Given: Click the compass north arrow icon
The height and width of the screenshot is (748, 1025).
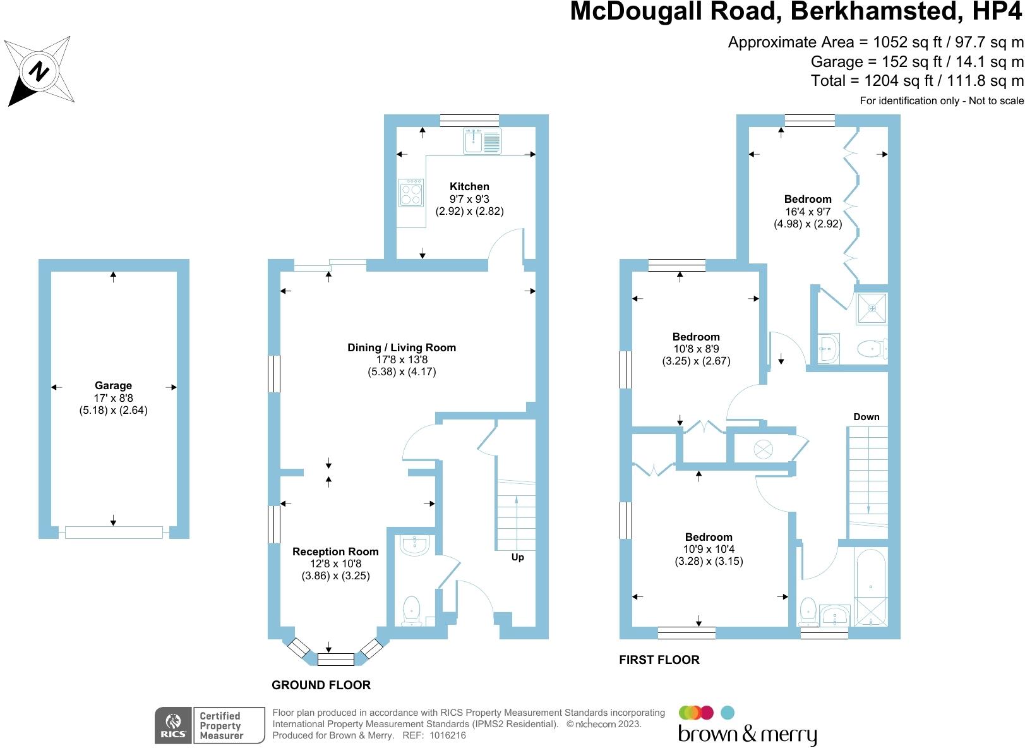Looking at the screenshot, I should tap(39, 70).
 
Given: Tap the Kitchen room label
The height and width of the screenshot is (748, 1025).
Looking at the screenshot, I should tap(469, 186).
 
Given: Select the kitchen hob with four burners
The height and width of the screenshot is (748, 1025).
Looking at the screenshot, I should tap(411, 192).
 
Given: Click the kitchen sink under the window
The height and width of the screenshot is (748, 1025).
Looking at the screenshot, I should tap(482, 142).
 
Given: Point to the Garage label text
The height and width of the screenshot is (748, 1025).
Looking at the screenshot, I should tap(113, 385).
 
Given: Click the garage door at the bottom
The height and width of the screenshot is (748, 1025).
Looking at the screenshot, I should tap(114, 533).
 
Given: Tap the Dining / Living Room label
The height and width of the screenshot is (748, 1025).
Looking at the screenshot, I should tap(402, 347).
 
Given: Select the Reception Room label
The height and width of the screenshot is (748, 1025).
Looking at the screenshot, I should tap(335, 552).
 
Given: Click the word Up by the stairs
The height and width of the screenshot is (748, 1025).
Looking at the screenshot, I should tap(517, 557).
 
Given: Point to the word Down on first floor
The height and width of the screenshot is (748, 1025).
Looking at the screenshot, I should tap(866, 417).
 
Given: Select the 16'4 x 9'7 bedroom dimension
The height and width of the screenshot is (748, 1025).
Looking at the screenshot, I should tap(808, 212).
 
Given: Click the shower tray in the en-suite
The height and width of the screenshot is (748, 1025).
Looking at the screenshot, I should tap(872, 308).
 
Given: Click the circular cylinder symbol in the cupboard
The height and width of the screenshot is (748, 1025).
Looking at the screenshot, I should tap(763, 449).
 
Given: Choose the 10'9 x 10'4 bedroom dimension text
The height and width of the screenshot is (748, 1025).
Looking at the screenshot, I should tap(709, 549).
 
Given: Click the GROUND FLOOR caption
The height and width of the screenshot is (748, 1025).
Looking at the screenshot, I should tap(321, 685).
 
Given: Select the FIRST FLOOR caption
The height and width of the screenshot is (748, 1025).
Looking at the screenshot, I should tap(659, 660).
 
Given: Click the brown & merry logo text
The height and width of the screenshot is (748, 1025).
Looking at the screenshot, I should tap(747, 734).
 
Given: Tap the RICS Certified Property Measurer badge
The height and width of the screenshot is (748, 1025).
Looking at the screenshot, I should tap(210, 725).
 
